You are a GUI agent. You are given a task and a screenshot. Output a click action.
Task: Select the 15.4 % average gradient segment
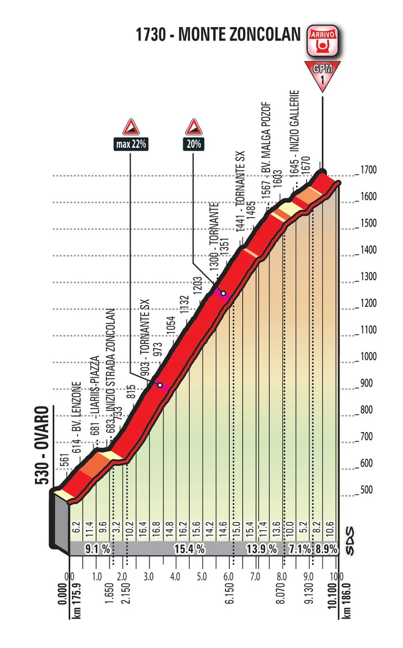[192, 549]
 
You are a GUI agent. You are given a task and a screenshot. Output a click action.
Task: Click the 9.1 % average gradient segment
[97, 549]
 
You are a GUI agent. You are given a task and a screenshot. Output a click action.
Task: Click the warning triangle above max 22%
[131, 127]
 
